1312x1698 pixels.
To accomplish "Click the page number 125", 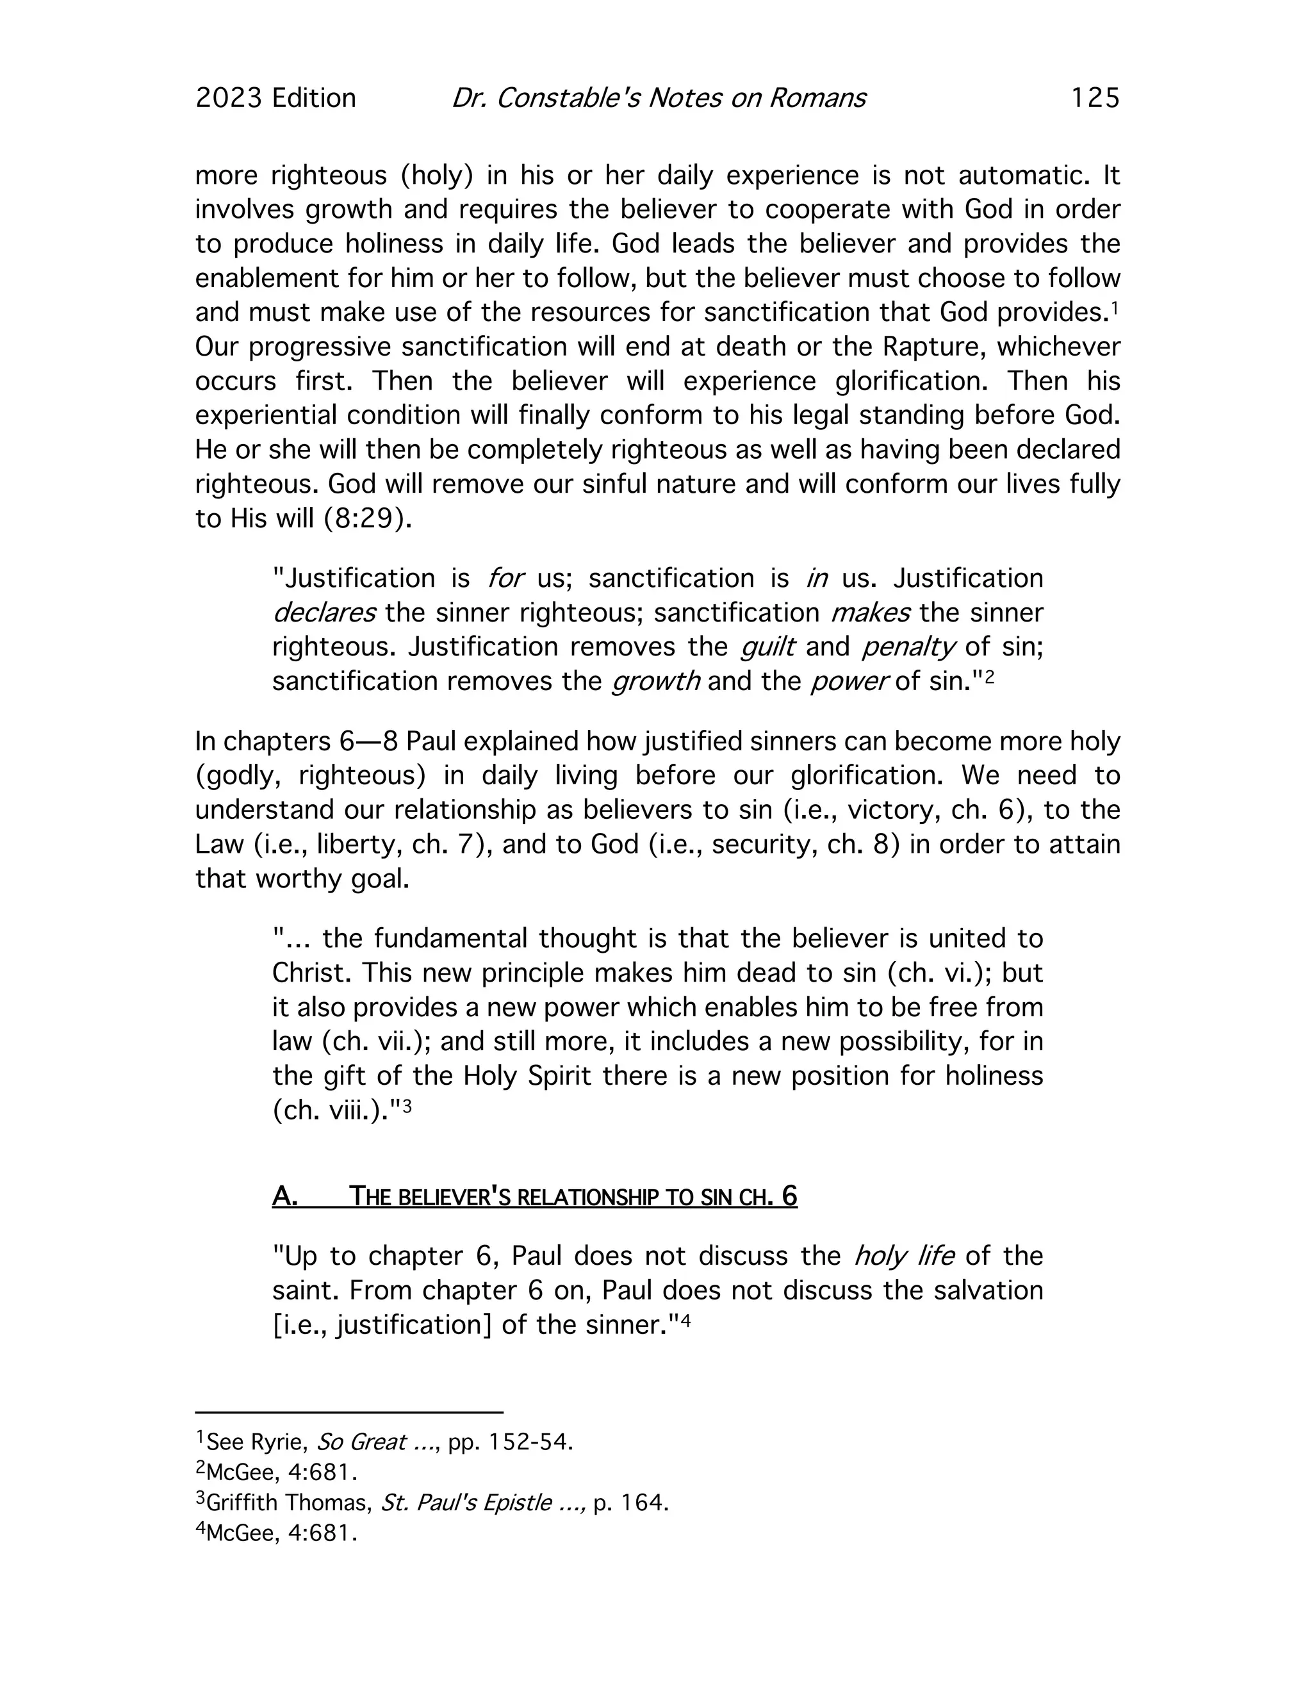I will [1094, 98].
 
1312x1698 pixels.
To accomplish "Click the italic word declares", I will [324, 613].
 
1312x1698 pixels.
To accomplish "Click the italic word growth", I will [656, 681].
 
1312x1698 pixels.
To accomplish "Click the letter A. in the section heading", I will [284, 1196].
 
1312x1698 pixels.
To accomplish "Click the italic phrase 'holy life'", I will [904, 1257].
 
